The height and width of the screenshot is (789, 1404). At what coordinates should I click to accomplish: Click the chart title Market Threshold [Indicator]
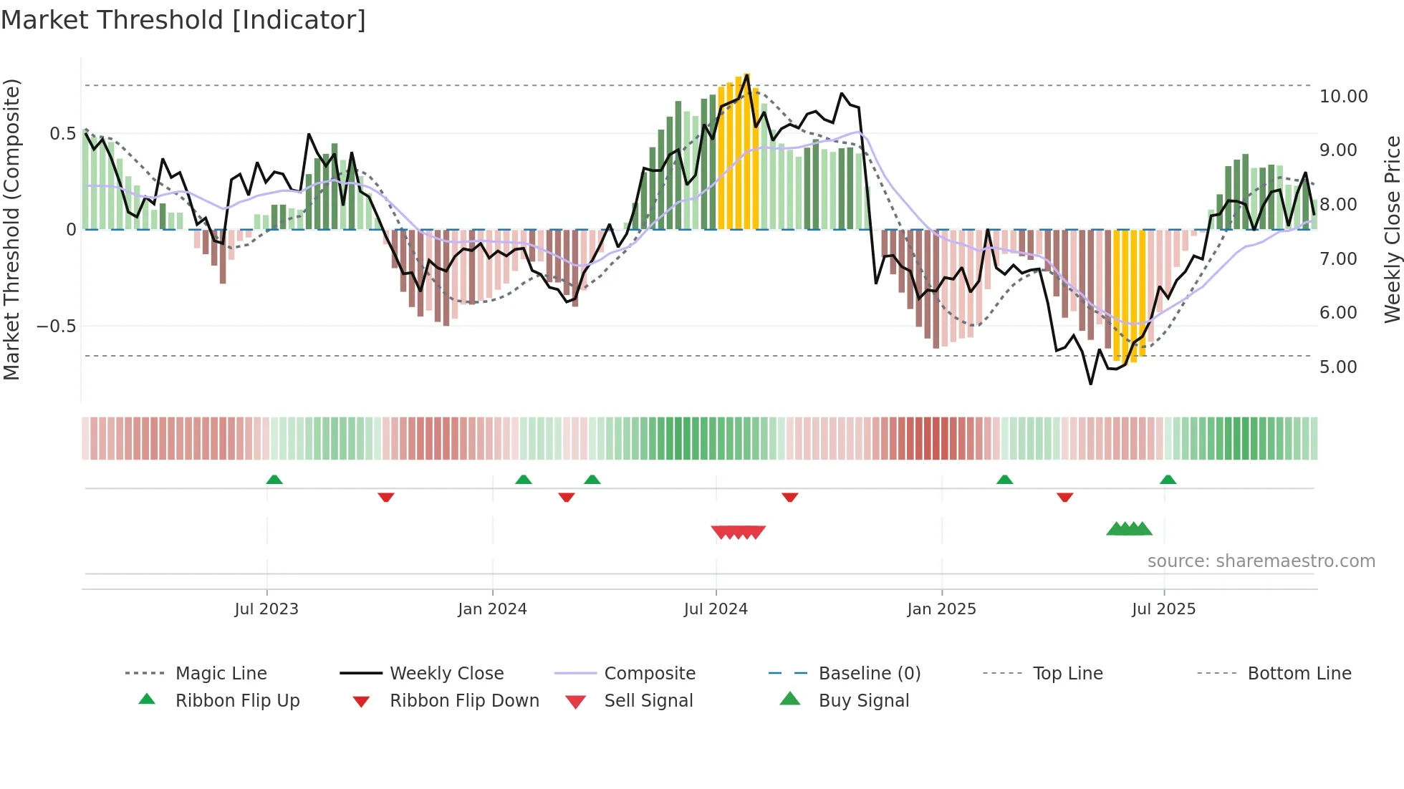[183, 20]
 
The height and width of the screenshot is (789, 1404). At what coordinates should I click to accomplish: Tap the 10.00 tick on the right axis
[1343, 96]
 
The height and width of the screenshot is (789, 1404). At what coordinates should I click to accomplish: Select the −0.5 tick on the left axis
[56, 326]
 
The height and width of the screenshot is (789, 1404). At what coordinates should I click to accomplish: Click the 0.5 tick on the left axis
[62, 133]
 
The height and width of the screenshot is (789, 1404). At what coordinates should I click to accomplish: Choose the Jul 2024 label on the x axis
[715, 609]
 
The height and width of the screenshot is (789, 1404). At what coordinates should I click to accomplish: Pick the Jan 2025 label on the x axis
[941, 609]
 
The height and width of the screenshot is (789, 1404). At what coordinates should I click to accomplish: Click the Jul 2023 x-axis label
[266, 609]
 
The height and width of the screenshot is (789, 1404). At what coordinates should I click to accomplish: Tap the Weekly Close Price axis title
[1391, 229]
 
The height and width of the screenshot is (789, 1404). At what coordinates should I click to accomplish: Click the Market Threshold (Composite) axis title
[11, 229]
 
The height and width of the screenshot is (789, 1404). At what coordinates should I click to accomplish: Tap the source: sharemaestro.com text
[1261, 561]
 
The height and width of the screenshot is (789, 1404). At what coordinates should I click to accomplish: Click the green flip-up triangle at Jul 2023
[274, 480]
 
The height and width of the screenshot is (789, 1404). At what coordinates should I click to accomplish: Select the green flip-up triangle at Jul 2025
[1168, 480]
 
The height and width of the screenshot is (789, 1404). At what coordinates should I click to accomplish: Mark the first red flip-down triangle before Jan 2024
[386, 497]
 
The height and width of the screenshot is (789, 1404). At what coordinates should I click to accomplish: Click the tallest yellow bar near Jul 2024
[746, 150]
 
